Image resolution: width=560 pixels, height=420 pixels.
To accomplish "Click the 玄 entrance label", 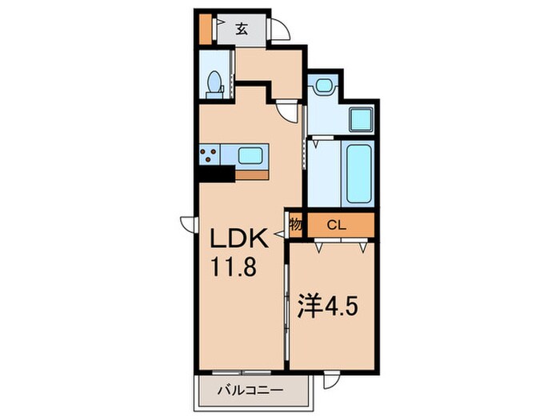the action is point(242,29).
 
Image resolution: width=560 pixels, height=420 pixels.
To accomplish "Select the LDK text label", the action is point(239,238).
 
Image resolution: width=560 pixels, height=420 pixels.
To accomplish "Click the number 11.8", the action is point(234,266).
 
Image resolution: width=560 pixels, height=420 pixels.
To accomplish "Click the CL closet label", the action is point(337,226).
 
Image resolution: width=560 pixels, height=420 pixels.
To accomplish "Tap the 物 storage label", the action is point(296,225).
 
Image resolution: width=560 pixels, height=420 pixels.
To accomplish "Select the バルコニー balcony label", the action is point(250,390).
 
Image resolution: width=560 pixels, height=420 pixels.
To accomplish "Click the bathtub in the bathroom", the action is point(358,174).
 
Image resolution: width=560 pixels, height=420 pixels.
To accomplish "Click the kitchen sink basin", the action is point(250,156).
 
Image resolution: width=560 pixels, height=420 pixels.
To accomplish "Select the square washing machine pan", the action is point(361,120).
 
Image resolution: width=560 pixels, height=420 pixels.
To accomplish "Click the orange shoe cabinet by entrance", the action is point(205,30).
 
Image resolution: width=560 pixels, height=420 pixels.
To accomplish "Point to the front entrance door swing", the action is point(279,29).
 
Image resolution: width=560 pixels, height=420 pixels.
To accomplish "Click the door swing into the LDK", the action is point(287,112).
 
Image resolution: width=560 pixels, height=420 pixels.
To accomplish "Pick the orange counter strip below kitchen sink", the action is point(251,175).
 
